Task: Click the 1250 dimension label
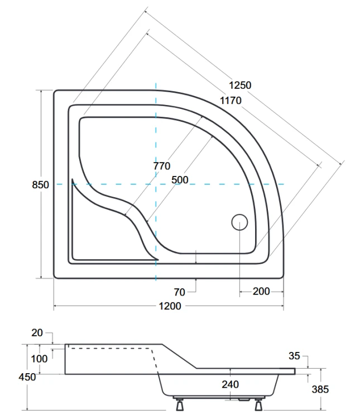(x=240, y=85)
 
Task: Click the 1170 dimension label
(x=230, y=101)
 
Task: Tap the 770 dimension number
(x=162, y=166)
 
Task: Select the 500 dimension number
(x=180, y=180)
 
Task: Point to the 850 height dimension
(x=40, y=185)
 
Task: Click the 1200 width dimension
(x=170, y=306)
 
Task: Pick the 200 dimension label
(x=261, y=291)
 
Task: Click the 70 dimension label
(x=179, y=291)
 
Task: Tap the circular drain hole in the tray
(x=239, y=222)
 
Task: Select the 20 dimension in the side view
(x=37, y=333)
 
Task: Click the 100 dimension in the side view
(x=40, y=358)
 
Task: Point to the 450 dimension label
(x=27, y=377)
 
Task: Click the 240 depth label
(x=230, y=384)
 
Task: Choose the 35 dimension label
(x=295, y=355)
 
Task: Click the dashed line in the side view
(x=112, y=349)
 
